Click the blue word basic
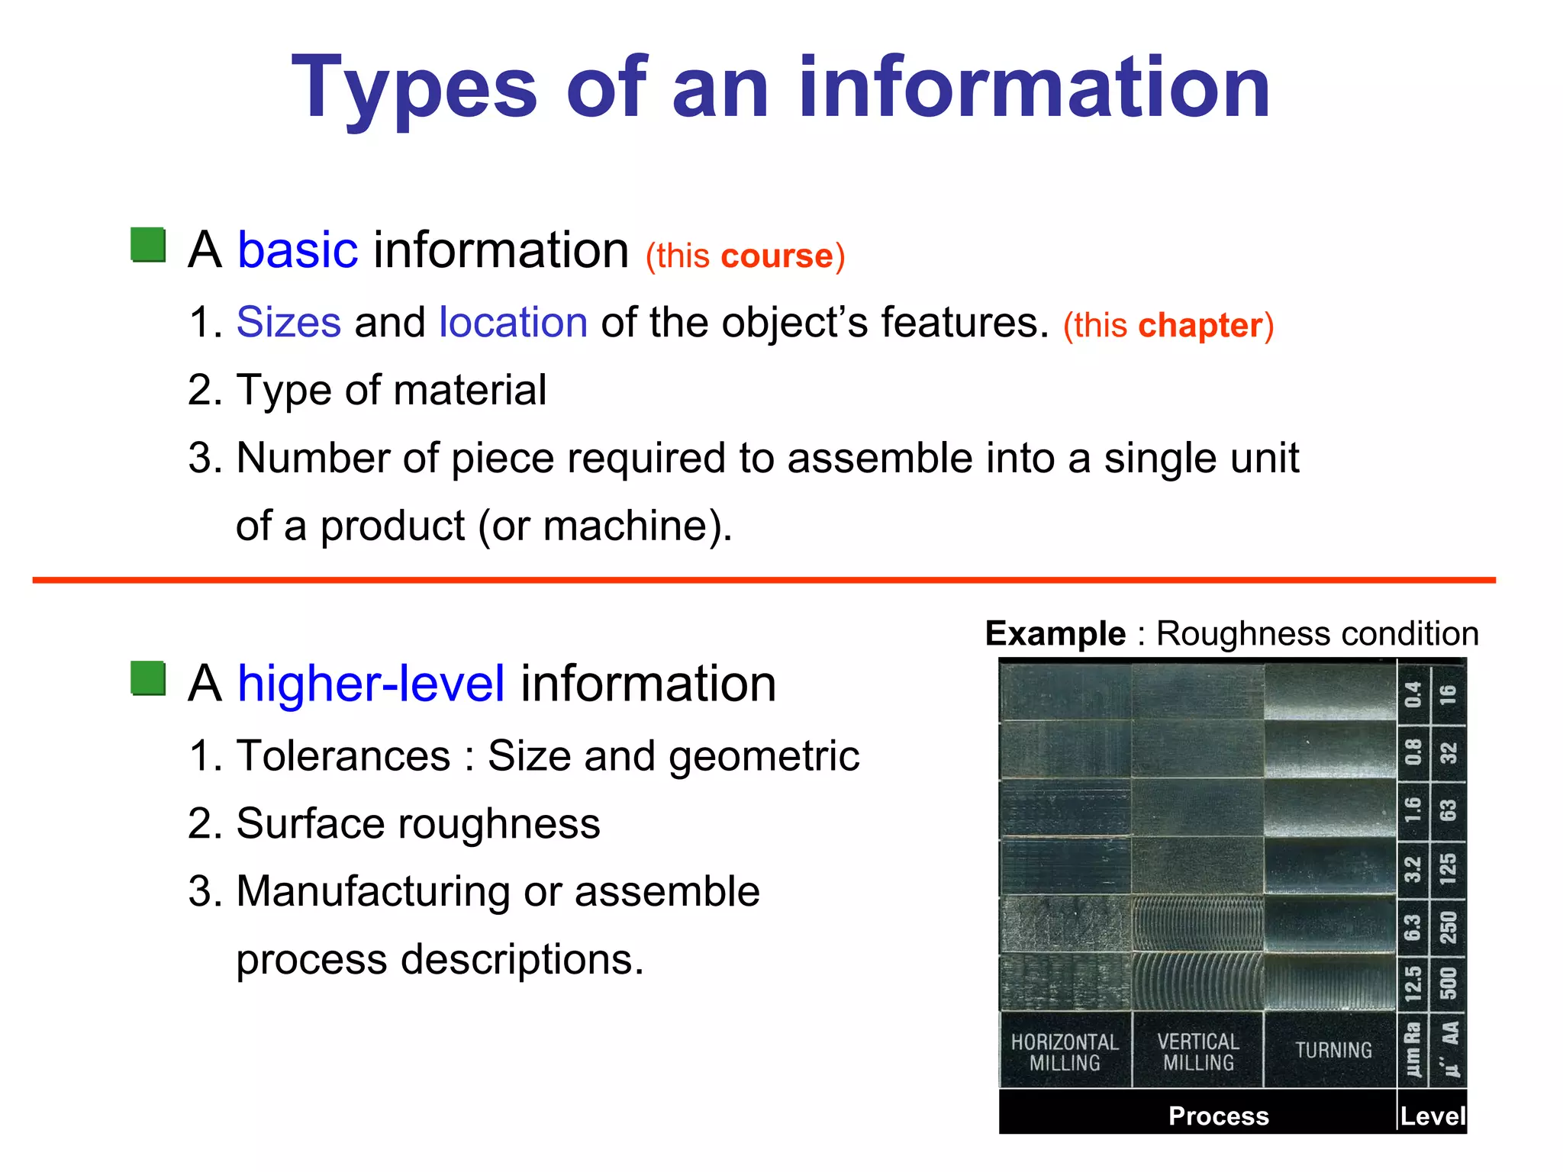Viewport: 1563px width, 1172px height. [297, 250]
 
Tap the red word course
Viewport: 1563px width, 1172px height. [776, 256]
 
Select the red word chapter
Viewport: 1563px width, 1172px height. [1200, 326]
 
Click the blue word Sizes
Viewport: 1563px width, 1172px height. [288, 323]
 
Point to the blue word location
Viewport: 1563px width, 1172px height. [513, 323]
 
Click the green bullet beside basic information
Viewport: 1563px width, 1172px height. [148, 246]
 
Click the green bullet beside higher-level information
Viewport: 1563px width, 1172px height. [148, 678]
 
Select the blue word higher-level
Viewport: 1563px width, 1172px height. [371, 684]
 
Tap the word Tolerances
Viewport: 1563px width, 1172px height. [343, 756]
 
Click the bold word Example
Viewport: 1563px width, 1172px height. [1055, 634]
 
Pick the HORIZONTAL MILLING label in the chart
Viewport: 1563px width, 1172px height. [1065, 1052]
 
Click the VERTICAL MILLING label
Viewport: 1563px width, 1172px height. [1198, 1052]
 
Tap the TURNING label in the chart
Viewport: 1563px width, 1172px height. [1333, 1051]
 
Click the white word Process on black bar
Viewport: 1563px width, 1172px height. [1218, 1116]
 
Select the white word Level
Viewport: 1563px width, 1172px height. [1432, 1117]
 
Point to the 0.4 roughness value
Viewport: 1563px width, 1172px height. [1413, 694]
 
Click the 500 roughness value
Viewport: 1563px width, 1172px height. [1448, 983]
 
